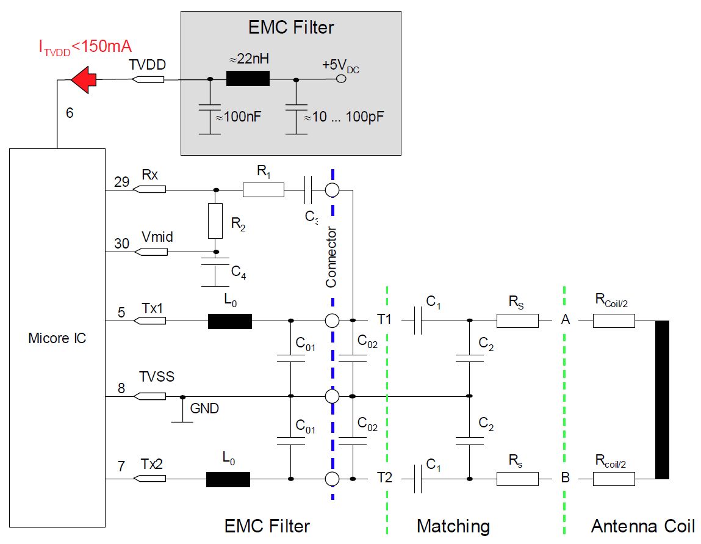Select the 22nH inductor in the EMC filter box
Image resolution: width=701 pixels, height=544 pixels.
coord(247,79)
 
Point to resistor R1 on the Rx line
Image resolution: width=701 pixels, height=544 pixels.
coord(263,190)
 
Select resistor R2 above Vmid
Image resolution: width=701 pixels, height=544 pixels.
coord(215,220)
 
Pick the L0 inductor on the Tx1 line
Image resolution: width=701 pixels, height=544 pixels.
coord(229,321)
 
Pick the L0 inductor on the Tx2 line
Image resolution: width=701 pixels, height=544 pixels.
coord(228,479)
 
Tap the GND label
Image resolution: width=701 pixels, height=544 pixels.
coord(204,408)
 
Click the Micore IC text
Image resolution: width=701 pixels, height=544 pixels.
coord(57,338)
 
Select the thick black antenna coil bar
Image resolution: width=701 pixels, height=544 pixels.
coord(661,399)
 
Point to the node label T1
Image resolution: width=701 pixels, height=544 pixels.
coord(384,319)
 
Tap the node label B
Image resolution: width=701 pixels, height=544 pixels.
coord(565,478)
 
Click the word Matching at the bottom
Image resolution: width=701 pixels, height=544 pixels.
coord(453,526)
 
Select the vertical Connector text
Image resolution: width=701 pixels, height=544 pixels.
coord(331,257)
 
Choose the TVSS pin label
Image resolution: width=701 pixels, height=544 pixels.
coord(156,377)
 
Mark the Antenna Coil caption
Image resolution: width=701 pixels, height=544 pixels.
coord(642,526)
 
